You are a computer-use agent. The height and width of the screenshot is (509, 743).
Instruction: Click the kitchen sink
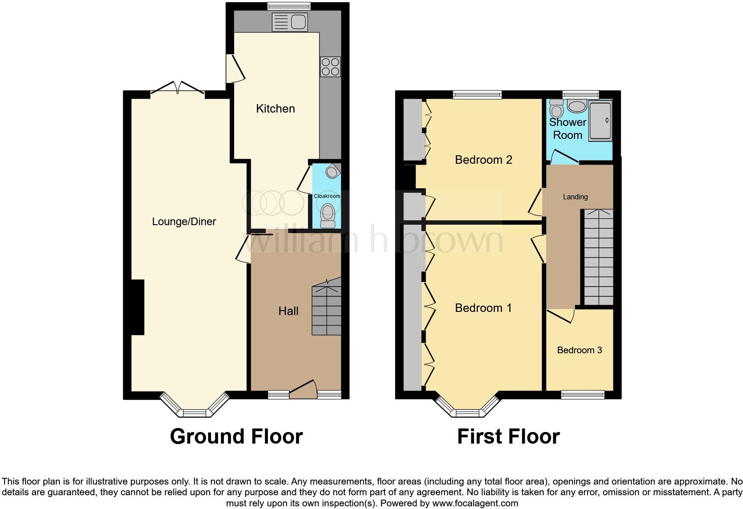tap(289, 22)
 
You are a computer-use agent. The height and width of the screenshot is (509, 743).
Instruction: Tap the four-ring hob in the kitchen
tap(330, 67)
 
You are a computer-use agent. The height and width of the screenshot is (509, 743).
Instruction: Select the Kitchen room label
tap(275, 109)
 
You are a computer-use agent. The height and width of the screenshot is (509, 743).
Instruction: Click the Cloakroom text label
tap(327, 196)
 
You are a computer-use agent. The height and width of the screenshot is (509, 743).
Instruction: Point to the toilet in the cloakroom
tap(328, 215)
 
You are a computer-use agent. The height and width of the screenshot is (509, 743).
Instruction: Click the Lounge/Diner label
tap(184, 222)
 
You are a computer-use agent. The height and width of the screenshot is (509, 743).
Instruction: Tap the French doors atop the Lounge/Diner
tap(178, 88)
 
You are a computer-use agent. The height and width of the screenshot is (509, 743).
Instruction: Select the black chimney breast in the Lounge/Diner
tap(137, 307)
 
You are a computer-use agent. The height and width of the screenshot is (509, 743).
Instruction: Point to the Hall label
tap(288, 311)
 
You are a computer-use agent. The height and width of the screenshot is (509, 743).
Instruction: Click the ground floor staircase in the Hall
tap(327, 311)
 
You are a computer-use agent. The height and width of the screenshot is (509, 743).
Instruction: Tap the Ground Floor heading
tap(236, 436)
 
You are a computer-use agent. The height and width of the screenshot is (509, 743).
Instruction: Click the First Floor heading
tap(508, 436)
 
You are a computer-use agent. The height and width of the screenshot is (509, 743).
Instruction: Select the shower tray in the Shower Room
tap(600, 121)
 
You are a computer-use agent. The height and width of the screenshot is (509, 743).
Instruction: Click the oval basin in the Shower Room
tap(577, 107)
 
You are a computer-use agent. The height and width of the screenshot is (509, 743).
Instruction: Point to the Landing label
tap(575, 197)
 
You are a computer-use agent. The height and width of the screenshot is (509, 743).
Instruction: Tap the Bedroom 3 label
tap(579, 350)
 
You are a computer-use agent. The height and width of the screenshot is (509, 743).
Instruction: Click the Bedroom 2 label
tap(483, 160)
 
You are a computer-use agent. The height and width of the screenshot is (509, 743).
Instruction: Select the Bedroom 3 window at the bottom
tap(583, 394)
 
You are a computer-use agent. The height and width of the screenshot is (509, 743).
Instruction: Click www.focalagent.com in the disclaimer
tap(475, 504)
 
